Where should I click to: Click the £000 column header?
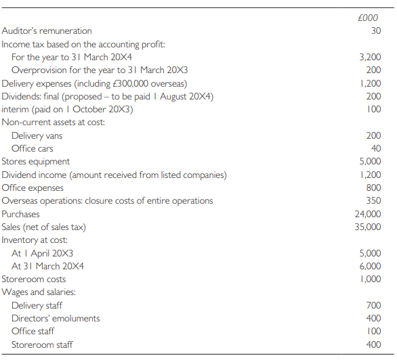click(371, 18)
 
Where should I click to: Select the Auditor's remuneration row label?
click(47, 30)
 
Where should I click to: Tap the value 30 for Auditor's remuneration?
click(376, 30)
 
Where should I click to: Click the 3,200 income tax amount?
click(369, 57)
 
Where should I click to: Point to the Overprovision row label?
click(82, 70)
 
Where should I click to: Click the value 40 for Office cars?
click(376, 148)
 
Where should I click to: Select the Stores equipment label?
click(36, 162)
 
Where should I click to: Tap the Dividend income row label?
click(114, 175)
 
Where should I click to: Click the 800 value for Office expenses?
click(373, 187)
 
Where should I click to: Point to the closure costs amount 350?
click(373, 200)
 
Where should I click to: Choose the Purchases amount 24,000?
click(368, 214)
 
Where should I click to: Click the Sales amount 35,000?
click(368, 227)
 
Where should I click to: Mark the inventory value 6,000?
click(369, 266)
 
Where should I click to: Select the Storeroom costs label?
click(34, 279)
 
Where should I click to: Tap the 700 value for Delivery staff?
click(373, 305)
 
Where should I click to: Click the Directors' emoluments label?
click(56, 318)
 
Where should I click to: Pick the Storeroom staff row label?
click(42, 344)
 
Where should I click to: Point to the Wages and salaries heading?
click(39, 292)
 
